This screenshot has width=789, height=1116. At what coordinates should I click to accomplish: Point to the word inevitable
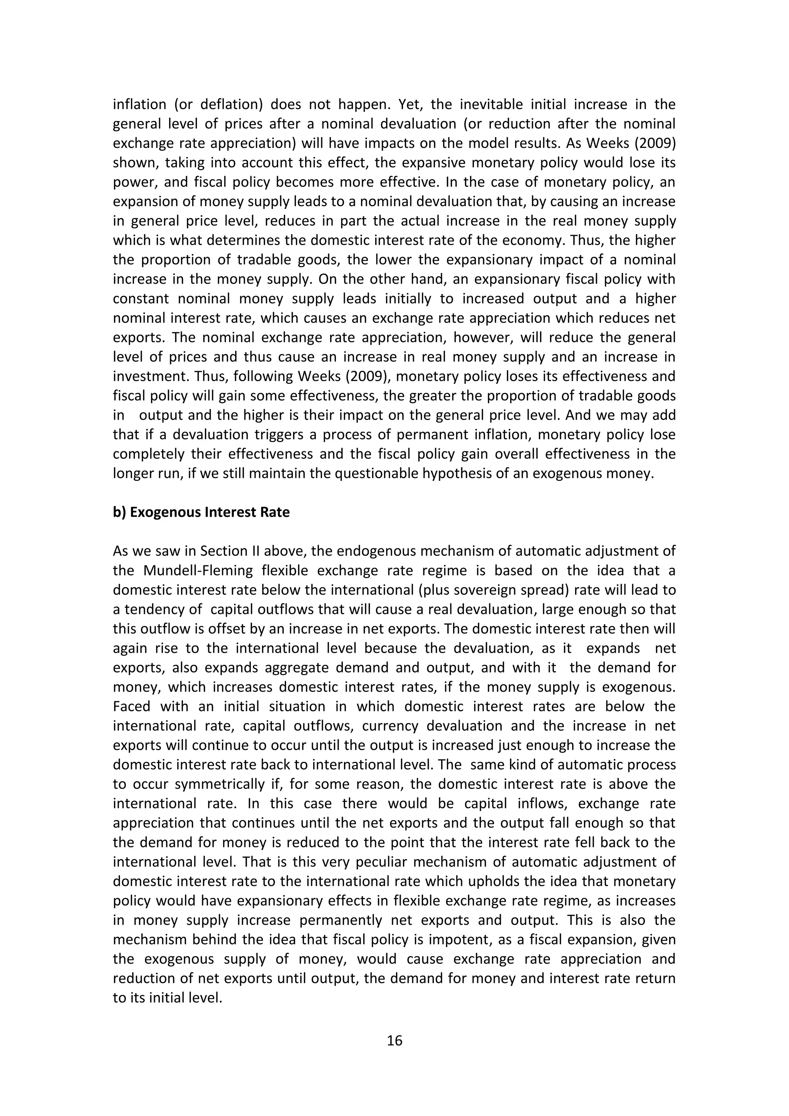490,104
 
